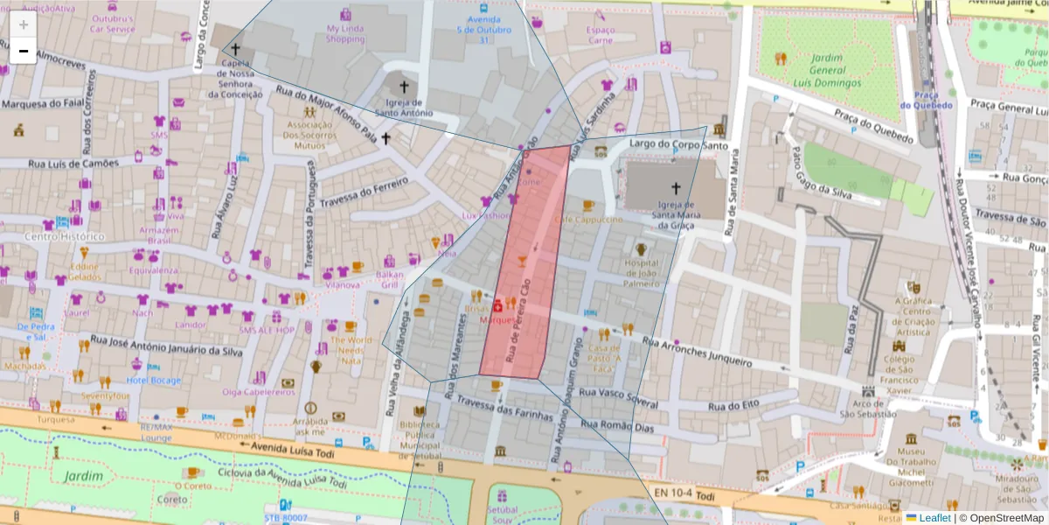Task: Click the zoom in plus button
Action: click(x=24, y=24)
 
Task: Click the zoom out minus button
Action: click(x=24, y=51)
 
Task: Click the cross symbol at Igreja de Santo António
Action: click(x=404, y=87)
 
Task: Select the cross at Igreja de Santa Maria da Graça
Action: click(x=675, y=187)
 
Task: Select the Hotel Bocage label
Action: click(x=154, y=381)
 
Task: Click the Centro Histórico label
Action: click(x=65, y=236)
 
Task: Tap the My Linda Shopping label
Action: click(x=345, y=33)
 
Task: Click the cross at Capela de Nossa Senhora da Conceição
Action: click(x=235, y=52)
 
